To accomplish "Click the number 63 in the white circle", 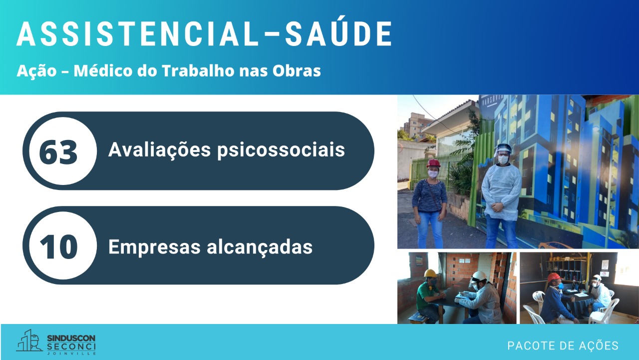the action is coord(58,152).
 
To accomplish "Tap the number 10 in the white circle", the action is coord(59,247).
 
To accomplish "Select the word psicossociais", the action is coord(281,150).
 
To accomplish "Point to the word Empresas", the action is coord(154,247).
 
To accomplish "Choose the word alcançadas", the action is coord(260,247).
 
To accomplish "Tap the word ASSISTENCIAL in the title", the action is coord(137,33).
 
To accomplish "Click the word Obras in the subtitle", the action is coord(297,71).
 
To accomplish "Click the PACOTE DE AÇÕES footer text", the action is coord(563,345).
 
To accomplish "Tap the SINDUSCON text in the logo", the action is coord(71,338).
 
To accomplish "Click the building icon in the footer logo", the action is coord(28,341).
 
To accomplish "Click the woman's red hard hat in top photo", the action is coord(433,163).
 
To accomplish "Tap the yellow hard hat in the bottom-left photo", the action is coord(431,273).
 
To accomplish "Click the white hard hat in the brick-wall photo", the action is coord(479,276).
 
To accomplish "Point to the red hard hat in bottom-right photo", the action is coord(554,277).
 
